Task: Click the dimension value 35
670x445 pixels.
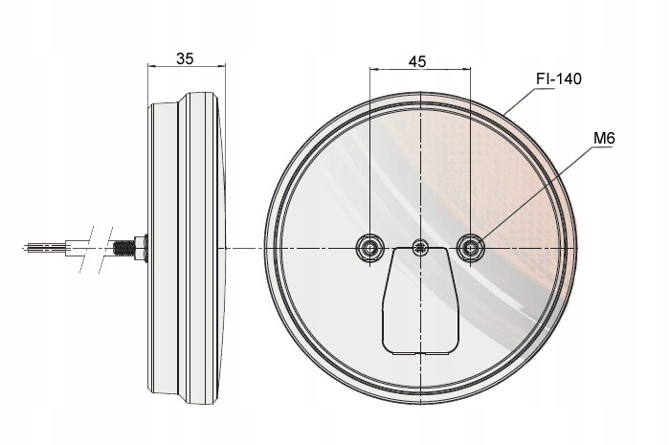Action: pyautogui.click(x=185, y=58)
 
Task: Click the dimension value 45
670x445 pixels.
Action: pyautogui.click(x=417, y=62)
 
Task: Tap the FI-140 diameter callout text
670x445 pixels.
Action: pyautogui.click(x=559, y=79)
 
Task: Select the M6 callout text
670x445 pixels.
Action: pyautogui.click(x=604, y=139)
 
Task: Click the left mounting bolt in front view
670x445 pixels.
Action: pyautogui.click(x=370, y=247)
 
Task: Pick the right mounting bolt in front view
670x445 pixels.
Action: pyautogui.click(x=471, y=247)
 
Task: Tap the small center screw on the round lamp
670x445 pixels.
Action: pyautogui.click(x=421, y=247)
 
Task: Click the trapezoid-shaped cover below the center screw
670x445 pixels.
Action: pyautogui.click(x=421, y=300)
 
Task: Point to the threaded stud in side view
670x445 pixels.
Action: pyautogui.click(x=123, y=248)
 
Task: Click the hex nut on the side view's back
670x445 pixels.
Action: pyautogui.click(x=141, y=248)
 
